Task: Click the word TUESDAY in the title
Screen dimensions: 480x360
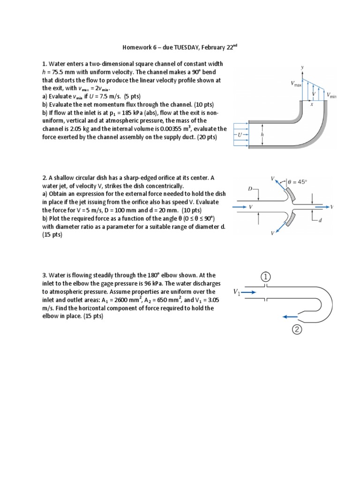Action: (179, 48)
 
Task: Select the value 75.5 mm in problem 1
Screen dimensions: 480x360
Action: (68, 71)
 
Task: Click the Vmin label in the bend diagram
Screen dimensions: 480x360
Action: (332, 96)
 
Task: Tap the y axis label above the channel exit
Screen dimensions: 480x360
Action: (302, 68)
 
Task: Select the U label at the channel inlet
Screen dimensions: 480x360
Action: (240, 135)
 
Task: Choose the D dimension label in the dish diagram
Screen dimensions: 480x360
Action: (250, 189)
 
